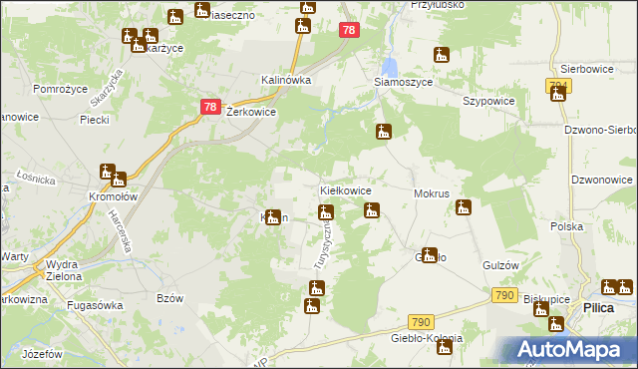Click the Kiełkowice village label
pyautogui.click(x=345, y=189)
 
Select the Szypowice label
pyautogui.click(x=487, y=102)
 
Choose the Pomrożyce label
pyautogui.click(x=63, y=89)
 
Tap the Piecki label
pyautogui.click(x=94, y=120)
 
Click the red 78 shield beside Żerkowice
pyautogui.click(x=209, y=107)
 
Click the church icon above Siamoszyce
pyautogui.click(x=442, y=57)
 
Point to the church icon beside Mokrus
pyautogui.click(x=464, y=207)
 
